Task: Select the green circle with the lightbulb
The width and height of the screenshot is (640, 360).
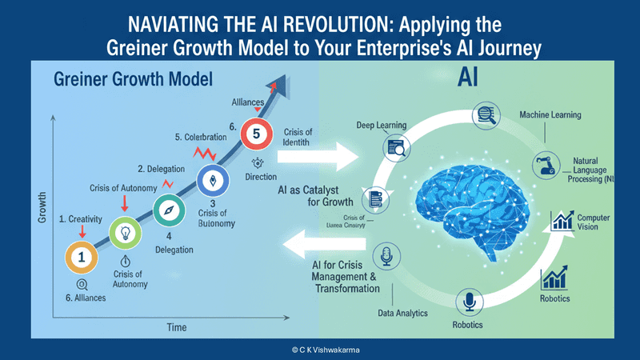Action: point(126,233)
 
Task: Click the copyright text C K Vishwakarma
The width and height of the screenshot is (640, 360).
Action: point(320,350)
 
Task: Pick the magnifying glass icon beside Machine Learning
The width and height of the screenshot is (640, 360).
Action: point(485,115)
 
